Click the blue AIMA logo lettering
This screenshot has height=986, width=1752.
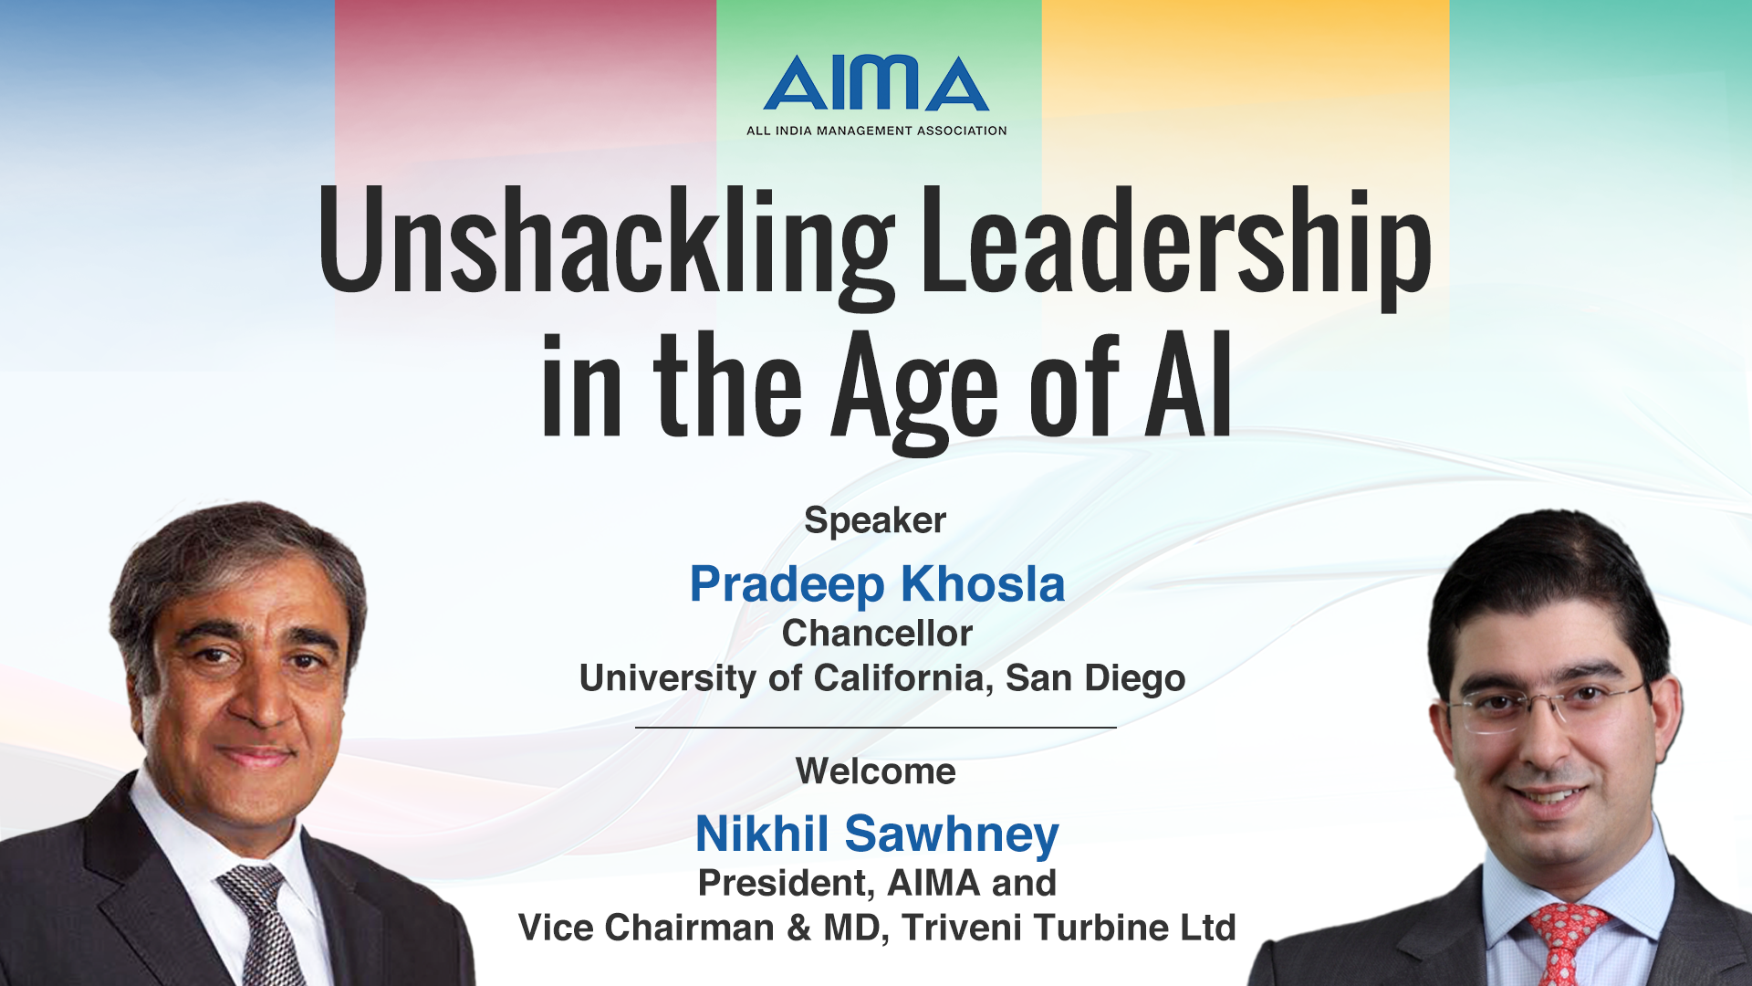point(876,83)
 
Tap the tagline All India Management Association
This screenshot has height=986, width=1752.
point(876,131)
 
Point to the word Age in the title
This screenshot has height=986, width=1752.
point(915,391)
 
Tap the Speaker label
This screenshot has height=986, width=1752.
point(875,520)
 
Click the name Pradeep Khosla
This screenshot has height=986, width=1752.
point(877,584)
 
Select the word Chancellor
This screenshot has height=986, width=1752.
point(877,634)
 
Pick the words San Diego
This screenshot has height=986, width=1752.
point(1095,679)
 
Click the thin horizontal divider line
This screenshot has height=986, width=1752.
point(876,728)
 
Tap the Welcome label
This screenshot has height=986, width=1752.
point(876,771)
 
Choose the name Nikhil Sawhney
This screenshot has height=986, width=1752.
point(877,834)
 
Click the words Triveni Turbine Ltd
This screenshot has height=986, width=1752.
point(1069,928)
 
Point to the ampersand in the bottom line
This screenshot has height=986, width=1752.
point(799,928)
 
